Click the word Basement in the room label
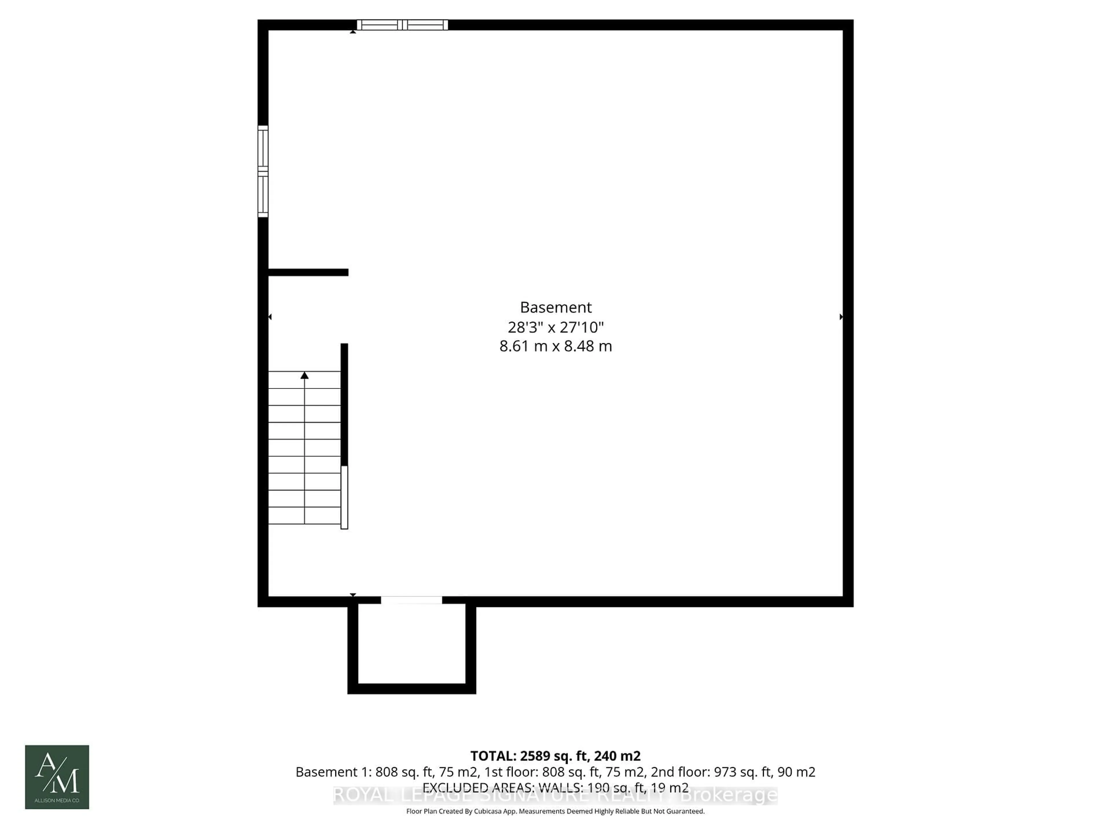tap(555, 307)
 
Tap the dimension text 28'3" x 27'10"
tap(555, 327)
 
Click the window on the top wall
tap(402, 25)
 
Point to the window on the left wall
tap(263, 171)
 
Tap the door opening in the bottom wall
tap(411, 600)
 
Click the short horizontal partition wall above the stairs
tap(308, 272)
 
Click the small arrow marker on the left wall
tap(270, 317)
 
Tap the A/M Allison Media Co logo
tap(57, 777)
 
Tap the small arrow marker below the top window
tap(353, 32)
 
